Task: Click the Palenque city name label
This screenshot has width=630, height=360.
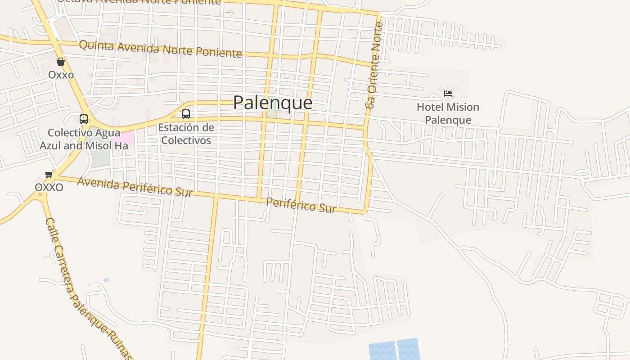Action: coord(272,103)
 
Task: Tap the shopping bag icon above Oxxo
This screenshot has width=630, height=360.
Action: coord(61,62)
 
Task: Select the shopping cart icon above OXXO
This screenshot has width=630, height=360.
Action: coord(49,174)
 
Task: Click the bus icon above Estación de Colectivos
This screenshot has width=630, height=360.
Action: coord(186,114)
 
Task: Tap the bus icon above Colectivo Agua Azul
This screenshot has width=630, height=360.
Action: coord(84,119)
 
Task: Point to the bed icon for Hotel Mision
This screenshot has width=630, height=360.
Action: coord(448,94)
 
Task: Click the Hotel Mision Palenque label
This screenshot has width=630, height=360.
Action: coord(448,113)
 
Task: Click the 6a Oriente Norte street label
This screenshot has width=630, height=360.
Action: coord(374,65)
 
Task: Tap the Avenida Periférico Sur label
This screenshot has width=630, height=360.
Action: coord(135,187)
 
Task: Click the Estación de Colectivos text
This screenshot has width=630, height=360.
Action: coord(186,134)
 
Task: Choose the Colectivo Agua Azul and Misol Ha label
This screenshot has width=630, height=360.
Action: coord(84,139)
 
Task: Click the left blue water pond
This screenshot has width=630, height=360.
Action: coord(382,351)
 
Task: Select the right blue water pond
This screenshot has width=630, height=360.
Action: coord(409,349)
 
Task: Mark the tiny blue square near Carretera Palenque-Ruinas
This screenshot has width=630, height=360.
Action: coord(106,280)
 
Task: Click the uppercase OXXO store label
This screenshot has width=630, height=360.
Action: coord(49,187)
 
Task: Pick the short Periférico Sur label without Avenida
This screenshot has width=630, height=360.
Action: coord(301,205)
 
